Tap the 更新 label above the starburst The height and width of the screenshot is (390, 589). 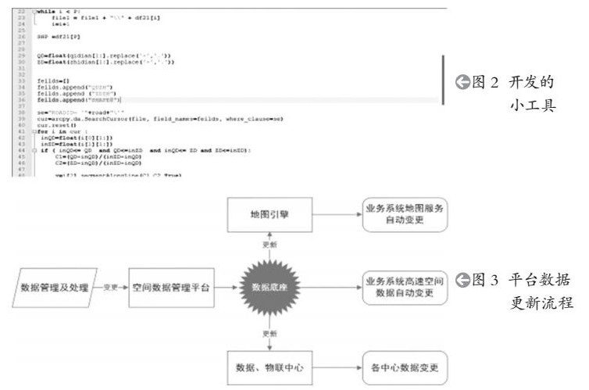(268, 245)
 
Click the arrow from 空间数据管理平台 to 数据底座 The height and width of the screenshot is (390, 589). (225, 288)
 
